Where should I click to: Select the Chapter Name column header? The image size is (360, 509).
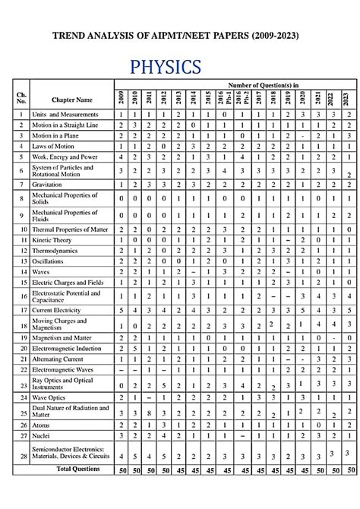point(72,100)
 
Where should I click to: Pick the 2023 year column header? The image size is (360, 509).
point(348,98)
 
